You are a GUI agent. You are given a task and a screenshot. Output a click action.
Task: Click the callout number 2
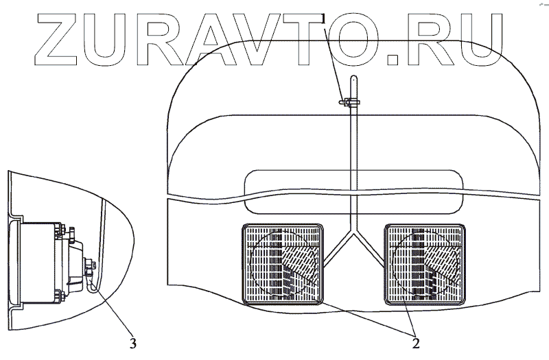pos(414,337)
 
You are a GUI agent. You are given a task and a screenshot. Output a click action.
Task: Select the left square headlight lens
pos(281,264)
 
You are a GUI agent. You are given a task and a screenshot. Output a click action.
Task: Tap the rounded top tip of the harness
pos(353,77)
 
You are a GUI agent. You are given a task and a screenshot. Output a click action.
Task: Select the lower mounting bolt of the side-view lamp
pos(62,296)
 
